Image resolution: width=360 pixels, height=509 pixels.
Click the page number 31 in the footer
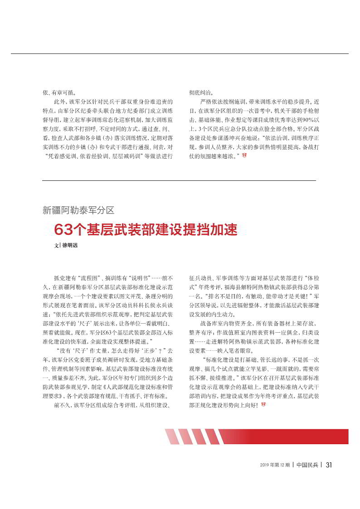click(330, 465)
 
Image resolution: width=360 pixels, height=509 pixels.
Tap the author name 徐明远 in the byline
click(70, 245)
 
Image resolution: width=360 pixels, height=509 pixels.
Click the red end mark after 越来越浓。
click(244, 155)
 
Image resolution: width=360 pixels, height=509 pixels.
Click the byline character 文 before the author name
click(56, 245)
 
